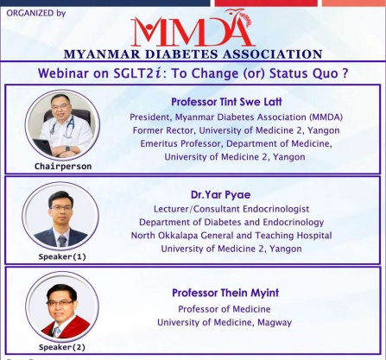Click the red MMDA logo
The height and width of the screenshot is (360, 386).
tap(193, 28)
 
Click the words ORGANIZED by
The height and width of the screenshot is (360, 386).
tap(36, 13)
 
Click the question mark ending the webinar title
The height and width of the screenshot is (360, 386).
tap(345, 73)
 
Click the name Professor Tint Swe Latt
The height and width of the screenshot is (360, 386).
tap(226, 102)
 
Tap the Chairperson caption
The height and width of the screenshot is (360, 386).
tap(63, 167)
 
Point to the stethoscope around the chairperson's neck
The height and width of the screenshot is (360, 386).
tap(62, 127)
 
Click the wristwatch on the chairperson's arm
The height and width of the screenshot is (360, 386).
tap(67, 148)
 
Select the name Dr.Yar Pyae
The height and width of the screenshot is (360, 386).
tap(221, 195)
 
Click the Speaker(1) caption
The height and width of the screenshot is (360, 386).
tap(62, 256)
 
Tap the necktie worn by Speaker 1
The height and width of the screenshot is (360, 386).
tap(62, 241)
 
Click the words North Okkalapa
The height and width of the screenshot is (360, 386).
tap(164, 236)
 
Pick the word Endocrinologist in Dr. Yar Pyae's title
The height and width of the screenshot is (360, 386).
tap(275, 209)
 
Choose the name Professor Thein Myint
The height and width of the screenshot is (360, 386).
tap(225, 293)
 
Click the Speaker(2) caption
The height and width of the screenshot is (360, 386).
tap(62, 347)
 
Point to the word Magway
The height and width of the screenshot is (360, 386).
tap(275, 323)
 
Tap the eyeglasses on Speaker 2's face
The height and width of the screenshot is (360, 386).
tap(60, 303)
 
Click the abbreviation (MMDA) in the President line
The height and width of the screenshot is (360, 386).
tap(326, 117)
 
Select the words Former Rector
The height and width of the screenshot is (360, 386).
tap(163, 130)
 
